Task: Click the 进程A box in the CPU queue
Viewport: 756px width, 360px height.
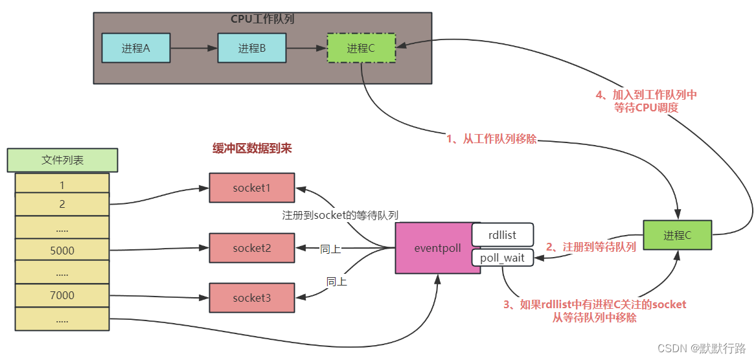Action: point(136,48)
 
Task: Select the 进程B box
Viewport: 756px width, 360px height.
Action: point(252,48)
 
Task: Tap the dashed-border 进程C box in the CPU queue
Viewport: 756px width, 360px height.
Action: point(361,48)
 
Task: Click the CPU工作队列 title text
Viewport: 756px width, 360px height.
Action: point(262,19)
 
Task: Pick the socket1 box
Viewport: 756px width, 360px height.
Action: point(251,188)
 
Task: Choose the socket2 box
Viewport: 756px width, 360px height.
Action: point(251,248)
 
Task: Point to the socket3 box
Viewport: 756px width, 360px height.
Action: point(251,298)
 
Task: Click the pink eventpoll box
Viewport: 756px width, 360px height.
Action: point(438,248)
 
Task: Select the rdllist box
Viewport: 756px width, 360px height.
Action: point(502,235)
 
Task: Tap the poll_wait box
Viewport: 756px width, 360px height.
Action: point(502,258)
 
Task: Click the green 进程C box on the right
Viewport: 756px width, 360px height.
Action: point(677,235)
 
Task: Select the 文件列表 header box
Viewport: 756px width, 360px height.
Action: point(62,160)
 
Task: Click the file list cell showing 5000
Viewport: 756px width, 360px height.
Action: point(62,250)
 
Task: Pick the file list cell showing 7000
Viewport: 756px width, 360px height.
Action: point(62,295)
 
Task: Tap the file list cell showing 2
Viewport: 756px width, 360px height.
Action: point(62,205)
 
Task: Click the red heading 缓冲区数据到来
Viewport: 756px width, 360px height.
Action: point(252,148)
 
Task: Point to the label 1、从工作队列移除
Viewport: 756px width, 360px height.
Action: point(492,139)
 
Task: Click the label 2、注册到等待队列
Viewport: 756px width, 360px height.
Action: point(591,247)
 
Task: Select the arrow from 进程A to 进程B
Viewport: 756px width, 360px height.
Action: point(194,48)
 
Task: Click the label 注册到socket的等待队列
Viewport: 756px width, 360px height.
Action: point(340,215)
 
